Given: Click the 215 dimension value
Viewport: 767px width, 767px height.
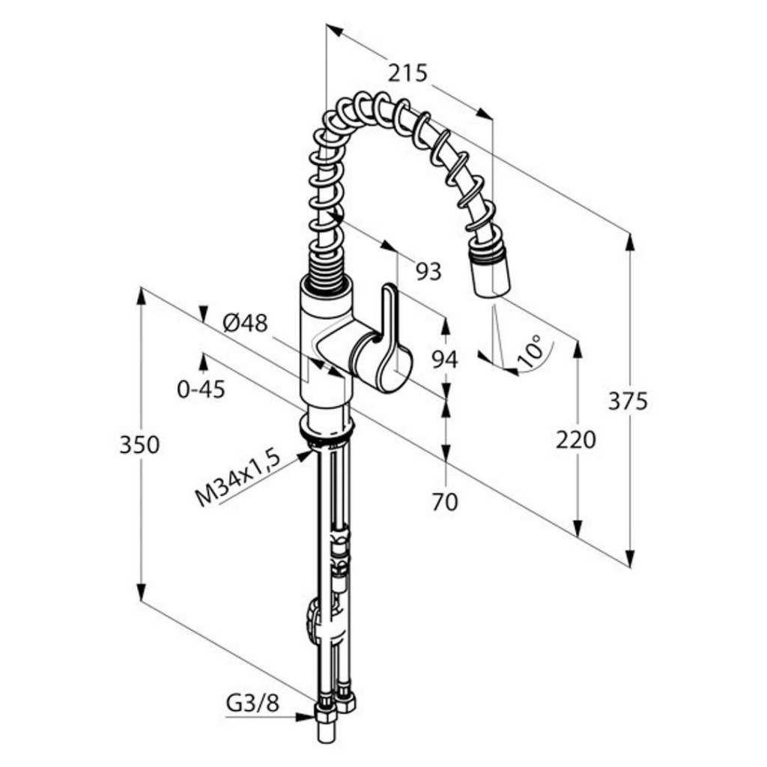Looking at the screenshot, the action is pos(407,73).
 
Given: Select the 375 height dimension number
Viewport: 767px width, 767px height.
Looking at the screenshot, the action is pos(628,401).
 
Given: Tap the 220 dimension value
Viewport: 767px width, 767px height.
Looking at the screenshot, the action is pos(576,440).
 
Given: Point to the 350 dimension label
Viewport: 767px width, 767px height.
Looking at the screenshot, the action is pos(139,445).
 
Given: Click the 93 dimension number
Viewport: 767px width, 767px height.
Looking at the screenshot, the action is pos(428,271).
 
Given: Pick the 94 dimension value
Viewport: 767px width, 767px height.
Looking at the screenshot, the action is pos(445,360).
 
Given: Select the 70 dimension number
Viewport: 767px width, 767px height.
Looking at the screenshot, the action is pos(445,502).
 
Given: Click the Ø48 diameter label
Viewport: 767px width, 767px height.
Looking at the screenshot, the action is pos(246,323).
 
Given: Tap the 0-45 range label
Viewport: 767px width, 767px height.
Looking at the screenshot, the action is pos(201,389).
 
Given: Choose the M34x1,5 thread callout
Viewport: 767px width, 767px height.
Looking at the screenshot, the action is pos(238,479).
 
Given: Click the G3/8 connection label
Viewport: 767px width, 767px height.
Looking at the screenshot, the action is pos(252,704).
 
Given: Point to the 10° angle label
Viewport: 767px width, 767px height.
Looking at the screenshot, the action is pos(530,351).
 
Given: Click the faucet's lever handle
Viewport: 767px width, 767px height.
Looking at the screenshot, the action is pos(390,338).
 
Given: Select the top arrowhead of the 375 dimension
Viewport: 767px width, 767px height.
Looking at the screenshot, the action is pos(630,243).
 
